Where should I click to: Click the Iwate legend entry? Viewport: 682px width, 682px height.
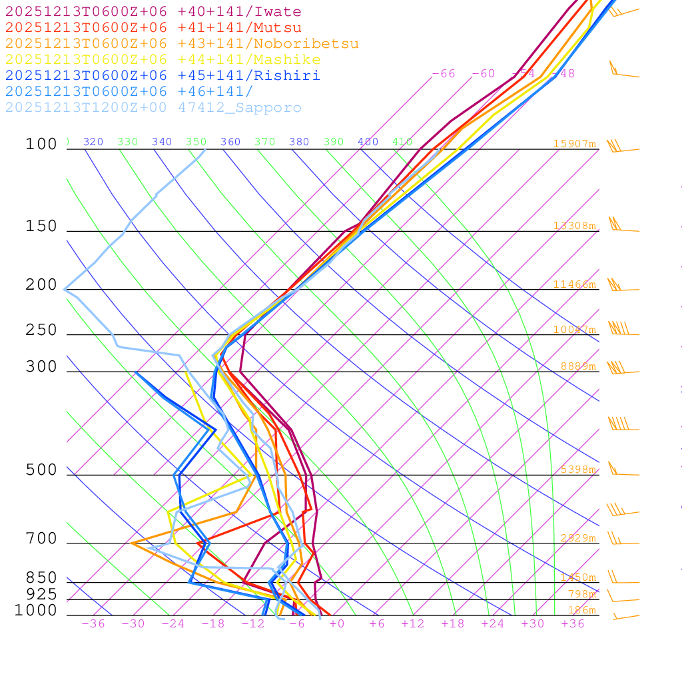click(153, 12)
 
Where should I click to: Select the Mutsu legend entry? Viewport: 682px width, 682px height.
click(153, 28)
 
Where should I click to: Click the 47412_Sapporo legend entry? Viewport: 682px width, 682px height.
click(153, 108)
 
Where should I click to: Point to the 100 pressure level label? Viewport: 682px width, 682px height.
click(41, 144)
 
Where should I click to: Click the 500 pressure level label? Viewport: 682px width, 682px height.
click(41, 470)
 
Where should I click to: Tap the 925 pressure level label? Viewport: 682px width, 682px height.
click(41, 594)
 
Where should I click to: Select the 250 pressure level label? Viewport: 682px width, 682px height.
click(41, 330)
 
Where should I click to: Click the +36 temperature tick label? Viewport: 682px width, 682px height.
click(572, 623)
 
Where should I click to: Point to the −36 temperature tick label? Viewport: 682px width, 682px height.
click(93, 623)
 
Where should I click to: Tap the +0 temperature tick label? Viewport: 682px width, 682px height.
click(336, 623)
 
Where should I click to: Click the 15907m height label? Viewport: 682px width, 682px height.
click(574, 144)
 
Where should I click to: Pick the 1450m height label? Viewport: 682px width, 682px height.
click(577, 577)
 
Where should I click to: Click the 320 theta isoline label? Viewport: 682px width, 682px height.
click(93, 142)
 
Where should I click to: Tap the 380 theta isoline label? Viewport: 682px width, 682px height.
click(299, 142)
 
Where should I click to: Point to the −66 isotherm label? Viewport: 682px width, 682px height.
click(444, 74)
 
